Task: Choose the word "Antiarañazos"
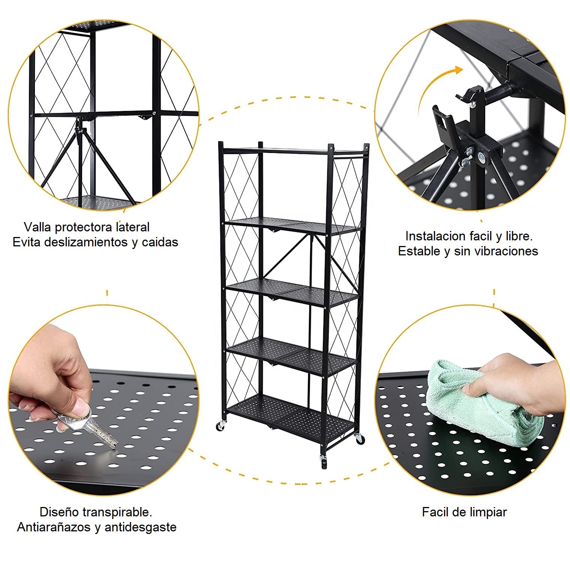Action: point(54,527)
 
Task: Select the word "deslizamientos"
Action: point(86,242)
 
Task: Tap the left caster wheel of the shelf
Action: point(220,426)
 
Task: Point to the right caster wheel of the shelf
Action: point(359,438)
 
